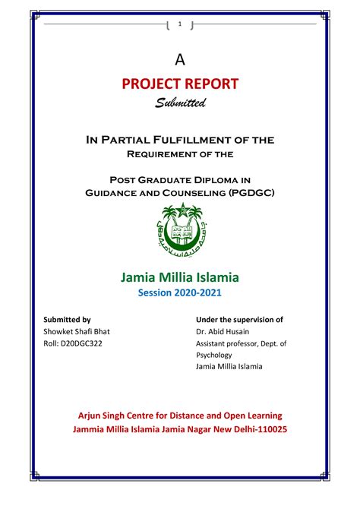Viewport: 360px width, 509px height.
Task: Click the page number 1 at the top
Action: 180,25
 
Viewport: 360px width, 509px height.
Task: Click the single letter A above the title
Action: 180,59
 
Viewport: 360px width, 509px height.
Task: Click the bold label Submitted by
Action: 68,320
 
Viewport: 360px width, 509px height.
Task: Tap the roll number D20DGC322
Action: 74,343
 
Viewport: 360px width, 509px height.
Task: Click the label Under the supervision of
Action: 239,320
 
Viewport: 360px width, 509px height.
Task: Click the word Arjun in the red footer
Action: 93,415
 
